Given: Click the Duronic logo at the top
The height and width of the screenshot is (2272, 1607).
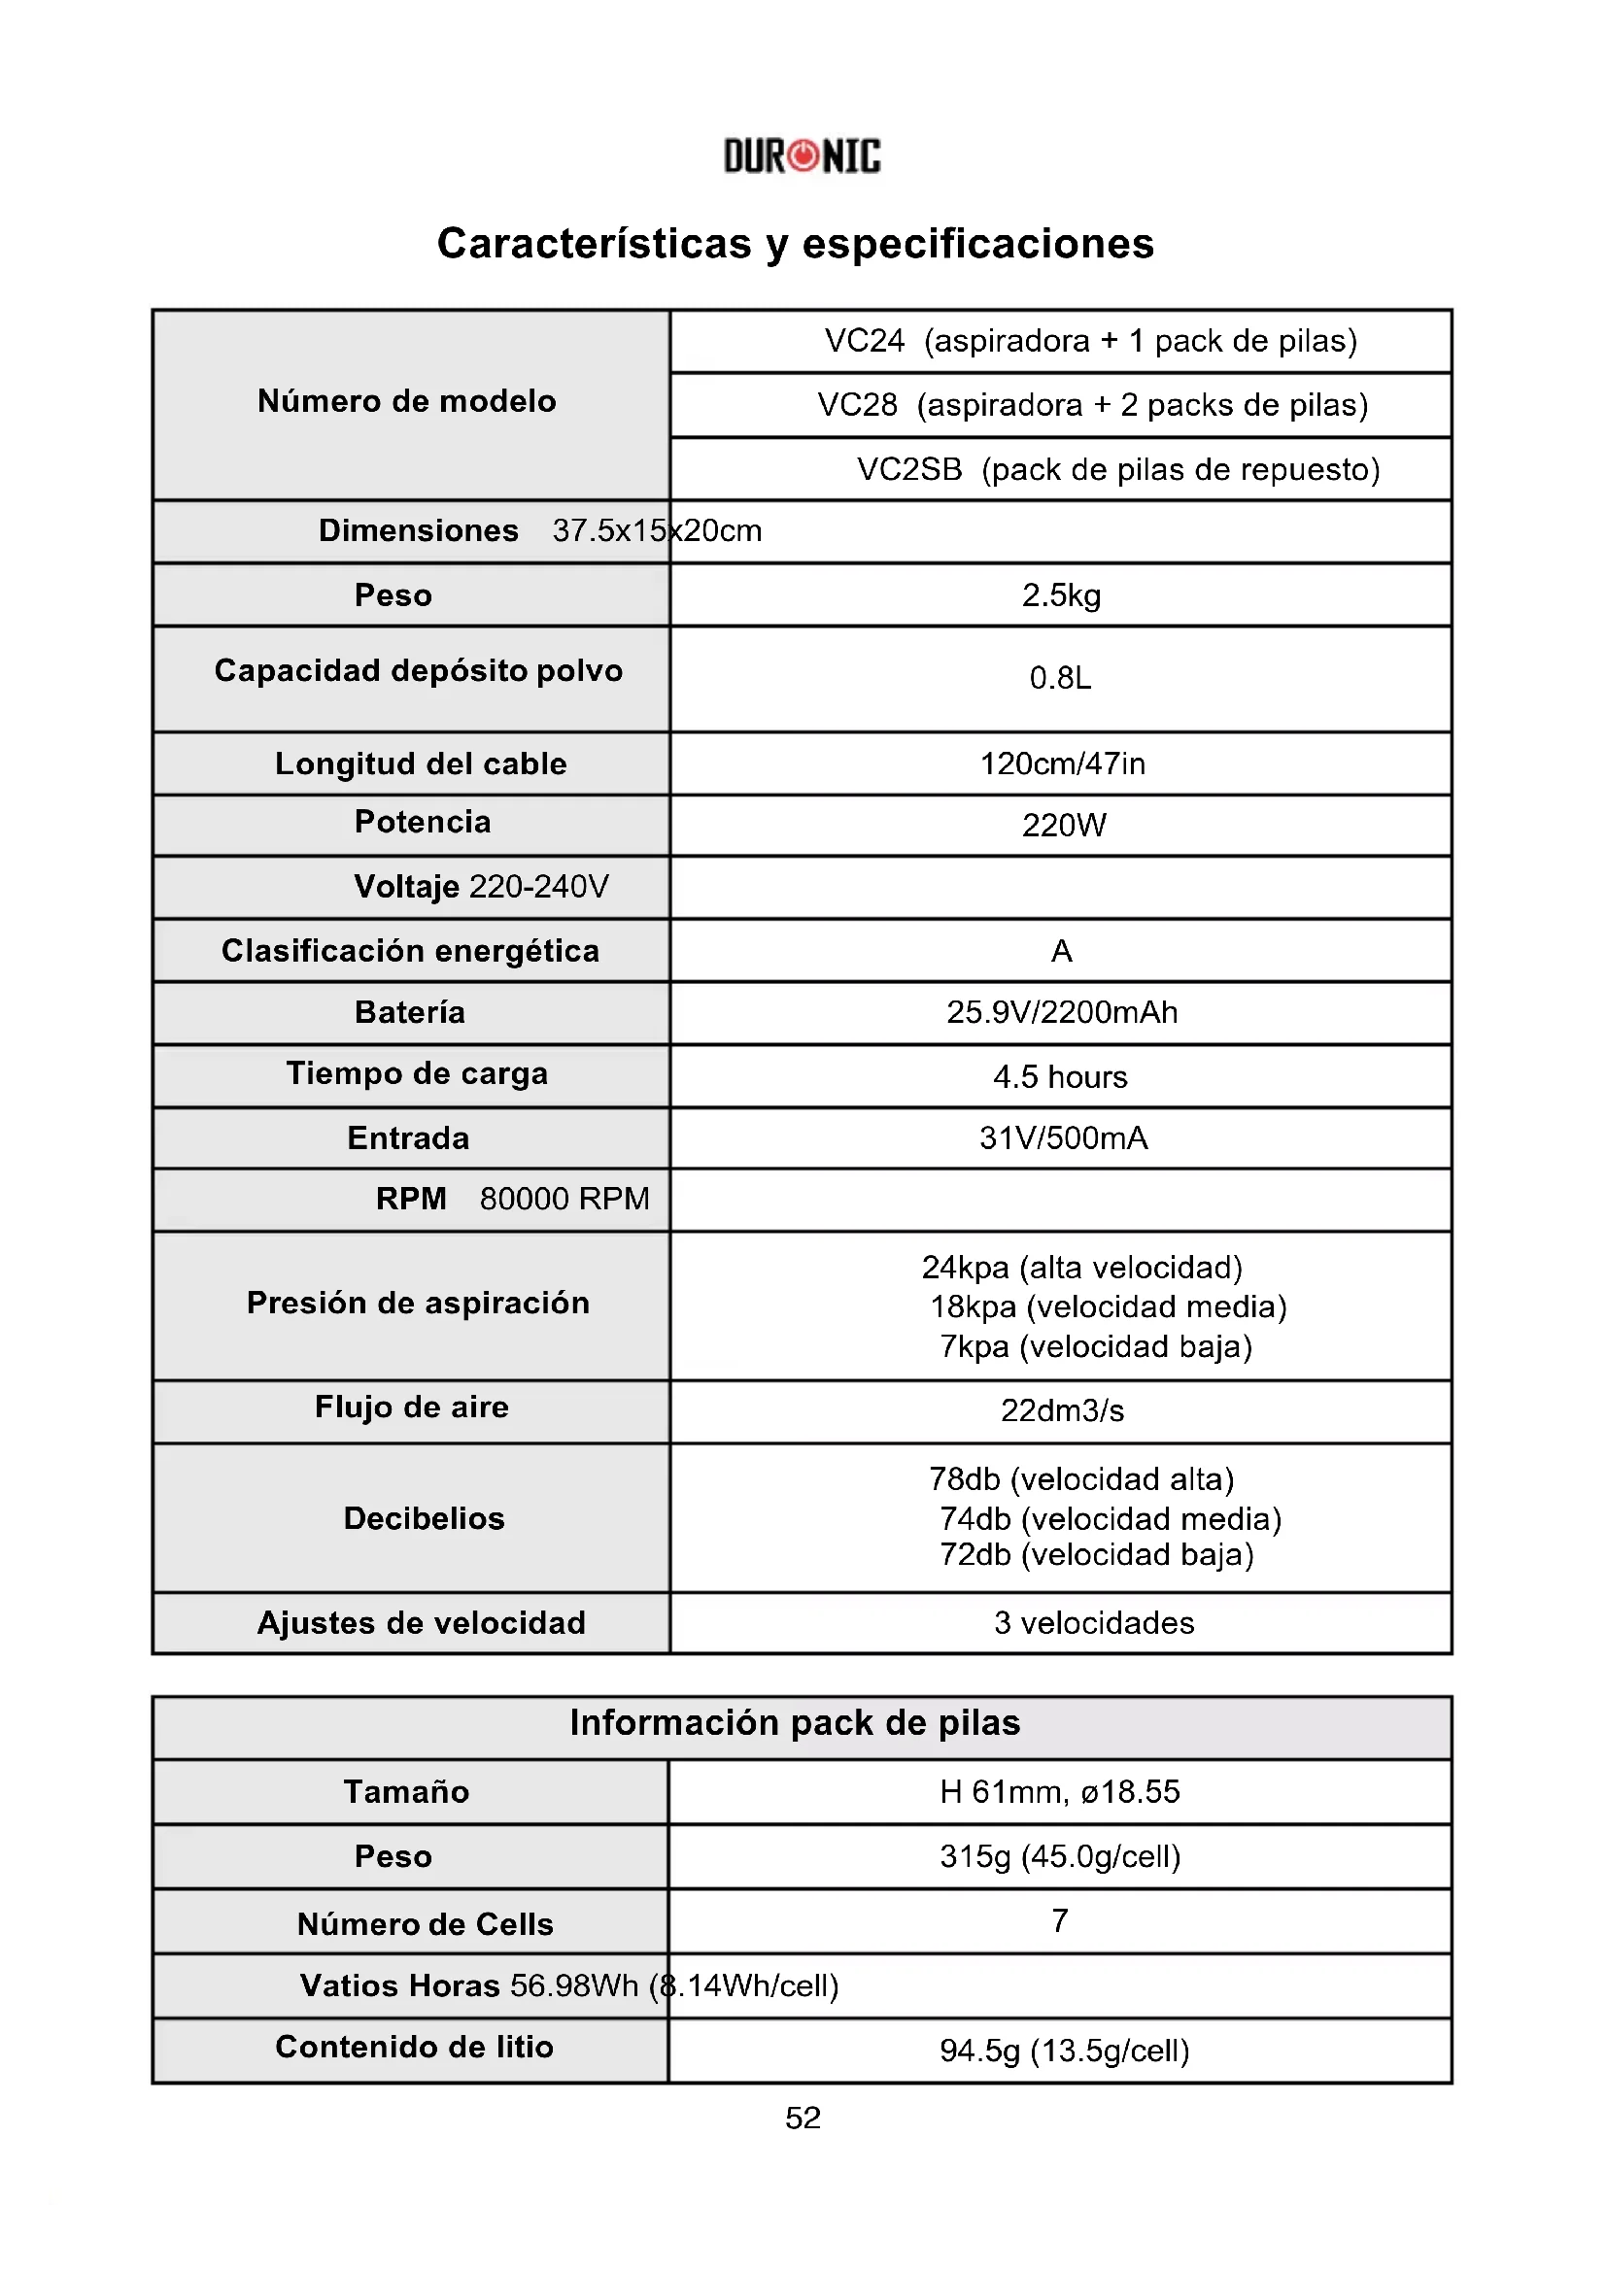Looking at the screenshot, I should pos(802,156).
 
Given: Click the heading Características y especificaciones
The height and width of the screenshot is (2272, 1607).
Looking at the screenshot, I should pos(796,244).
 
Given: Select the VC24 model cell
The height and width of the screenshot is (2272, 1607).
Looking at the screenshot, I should pos(1090,341).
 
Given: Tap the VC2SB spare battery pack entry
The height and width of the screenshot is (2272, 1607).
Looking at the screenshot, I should pos(1117,469).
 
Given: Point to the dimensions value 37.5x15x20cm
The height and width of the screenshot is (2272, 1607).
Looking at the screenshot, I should pos(657,531).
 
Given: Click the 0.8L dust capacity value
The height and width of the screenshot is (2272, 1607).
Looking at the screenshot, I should pos(1060,679).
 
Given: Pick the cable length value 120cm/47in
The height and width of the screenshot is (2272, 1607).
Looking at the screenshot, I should pos(1062,763).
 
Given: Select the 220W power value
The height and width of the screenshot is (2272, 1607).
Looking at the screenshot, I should pos(1064,826).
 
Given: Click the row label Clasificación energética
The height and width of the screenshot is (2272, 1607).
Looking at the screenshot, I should pos(410,951).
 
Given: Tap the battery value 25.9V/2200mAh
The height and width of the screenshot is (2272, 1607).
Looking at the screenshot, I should pos(1062,1012).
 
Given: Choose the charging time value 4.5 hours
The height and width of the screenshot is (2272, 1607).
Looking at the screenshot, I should pos(1060,1076).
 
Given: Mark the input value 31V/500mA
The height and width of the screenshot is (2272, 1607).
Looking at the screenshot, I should pos(1064,1138).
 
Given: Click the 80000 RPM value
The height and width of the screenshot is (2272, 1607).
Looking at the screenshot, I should pos(564,1200).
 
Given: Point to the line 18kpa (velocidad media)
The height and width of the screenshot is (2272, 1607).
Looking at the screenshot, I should pos(1108,1307).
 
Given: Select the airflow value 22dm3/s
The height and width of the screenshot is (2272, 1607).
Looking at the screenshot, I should pos(1062,1411).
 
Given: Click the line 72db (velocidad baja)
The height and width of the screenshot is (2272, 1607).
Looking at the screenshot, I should pos(1096,1554).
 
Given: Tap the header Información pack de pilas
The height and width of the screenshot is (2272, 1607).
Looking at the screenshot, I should pos(795,1723).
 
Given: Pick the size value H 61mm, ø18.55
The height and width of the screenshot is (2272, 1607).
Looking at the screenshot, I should pos(1060,1792).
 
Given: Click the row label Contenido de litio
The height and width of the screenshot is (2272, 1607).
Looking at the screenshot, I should pos(414,2047).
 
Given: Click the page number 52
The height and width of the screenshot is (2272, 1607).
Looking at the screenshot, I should pos(803,2118).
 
